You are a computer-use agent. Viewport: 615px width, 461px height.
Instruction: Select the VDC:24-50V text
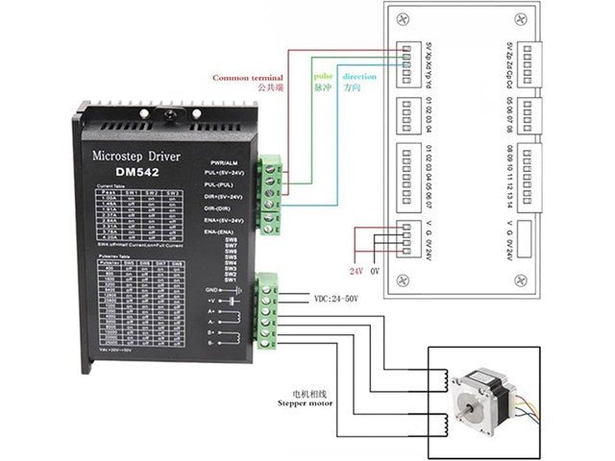335,299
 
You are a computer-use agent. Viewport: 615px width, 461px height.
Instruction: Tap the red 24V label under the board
357,271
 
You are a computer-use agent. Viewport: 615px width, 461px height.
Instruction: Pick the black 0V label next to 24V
376,271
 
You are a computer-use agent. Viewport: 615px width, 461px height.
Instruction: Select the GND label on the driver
238,289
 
